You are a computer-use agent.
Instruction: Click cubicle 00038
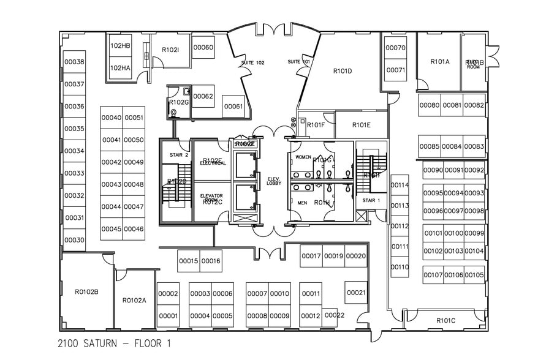74,62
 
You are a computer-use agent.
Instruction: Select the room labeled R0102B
86,291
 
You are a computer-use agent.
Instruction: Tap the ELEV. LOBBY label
273,181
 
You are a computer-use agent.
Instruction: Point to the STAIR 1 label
371,200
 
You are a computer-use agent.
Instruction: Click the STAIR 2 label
178,155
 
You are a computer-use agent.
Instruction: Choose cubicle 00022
335,315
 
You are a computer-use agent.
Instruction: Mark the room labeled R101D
343,71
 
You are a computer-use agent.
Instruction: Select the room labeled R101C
445,320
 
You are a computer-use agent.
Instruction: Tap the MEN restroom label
301,203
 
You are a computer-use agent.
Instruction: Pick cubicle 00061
233,107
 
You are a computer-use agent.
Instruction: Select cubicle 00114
400,185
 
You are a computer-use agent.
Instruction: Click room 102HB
120,46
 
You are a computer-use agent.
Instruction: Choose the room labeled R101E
362,125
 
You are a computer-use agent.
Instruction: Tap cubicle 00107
433,275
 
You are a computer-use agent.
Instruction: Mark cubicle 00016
211,261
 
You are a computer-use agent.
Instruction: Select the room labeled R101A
439,61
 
